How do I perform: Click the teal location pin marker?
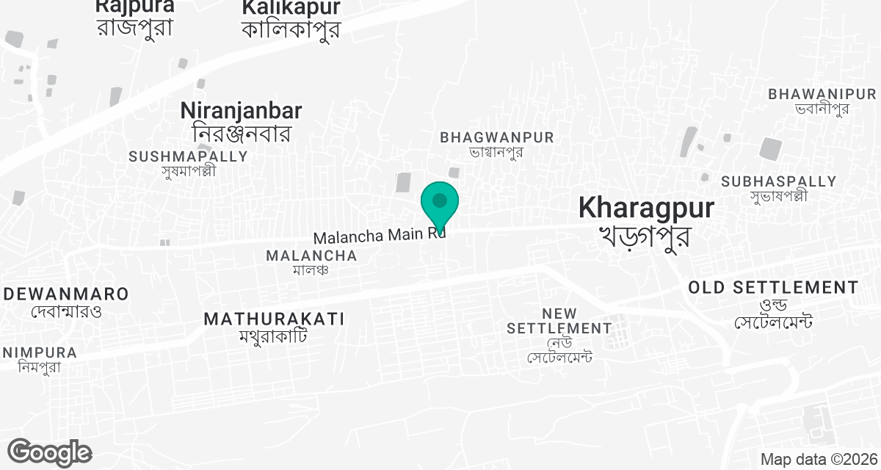[440, 203]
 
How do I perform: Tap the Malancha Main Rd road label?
[378, 237]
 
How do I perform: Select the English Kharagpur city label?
[645, 208]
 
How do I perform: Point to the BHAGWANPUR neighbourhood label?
[497, 137]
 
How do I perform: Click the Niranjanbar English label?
[241, 111]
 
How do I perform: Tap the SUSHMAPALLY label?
[189, 156]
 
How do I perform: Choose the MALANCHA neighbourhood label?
[311, 256]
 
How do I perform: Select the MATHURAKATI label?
[274, 319]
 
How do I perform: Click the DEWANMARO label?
[66, 294]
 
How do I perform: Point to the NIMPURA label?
[40, 352]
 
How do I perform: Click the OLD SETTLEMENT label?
[773, 287]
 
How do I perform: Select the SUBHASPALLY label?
[778, 181]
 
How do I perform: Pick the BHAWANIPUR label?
[822, 94]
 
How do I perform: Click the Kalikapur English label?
[291, 7]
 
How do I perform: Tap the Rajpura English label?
[135, 7]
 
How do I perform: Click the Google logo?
[49, 452]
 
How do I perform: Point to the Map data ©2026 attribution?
[819, 460]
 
